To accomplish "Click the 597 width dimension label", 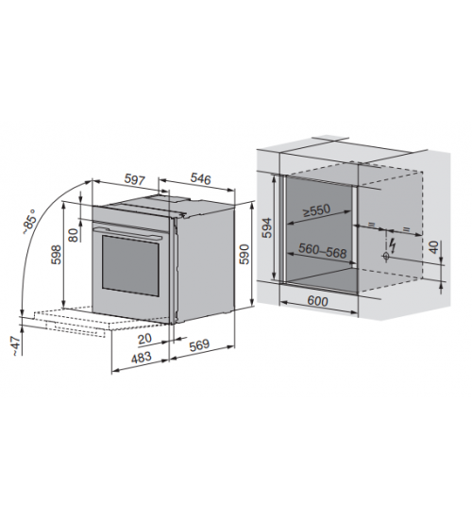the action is (x=135, y=179).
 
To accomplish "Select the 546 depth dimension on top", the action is (x=200, y=178).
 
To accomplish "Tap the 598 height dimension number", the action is (x=57, y=255).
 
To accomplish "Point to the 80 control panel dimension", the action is (x=75, y=235).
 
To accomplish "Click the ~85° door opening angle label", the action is (x=29, y=222).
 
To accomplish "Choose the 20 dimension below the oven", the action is (x=144, y=338).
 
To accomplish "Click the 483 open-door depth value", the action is (x=141, y=358).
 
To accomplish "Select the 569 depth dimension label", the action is (x=200, y=344).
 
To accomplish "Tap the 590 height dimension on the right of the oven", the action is (x=244, y=254).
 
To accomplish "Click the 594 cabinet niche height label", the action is (x=266, y=227).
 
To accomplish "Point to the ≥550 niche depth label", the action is (x=317, y=210).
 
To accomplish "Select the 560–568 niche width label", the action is (x=322, y=251).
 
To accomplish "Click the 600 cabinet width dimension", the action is (x=317, y=301).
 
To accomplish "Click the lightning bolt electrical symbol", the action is (x=393, y=245).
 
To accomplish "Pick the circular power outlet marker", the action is (x=386, y=256).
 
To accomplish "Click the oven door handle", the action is (x=126, y=233).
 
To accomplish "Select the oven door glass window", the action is (x=130, y=265).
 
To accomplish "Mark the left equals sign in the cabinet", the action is (x=371, y=225).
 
